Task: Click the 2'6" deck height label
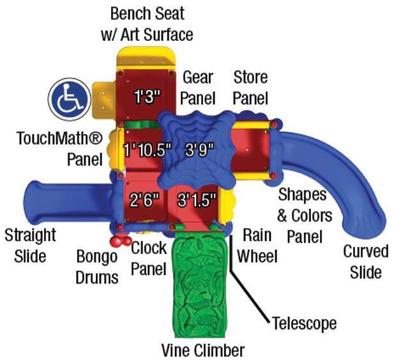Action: click(144, 199)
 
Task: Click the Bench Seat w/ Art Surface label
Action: click(147, 23)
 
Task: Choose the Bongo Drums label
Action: click(98, 267)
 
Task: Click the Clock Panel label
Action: click(149, 257)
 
